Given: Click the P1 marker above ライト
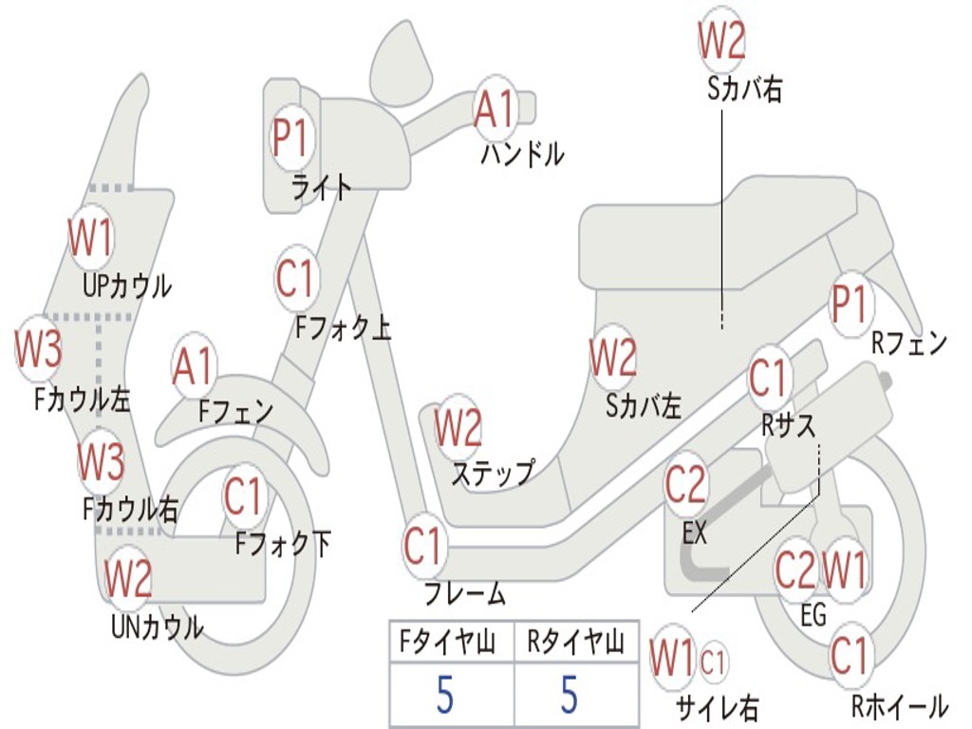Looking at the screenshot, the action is (x=290, y=139).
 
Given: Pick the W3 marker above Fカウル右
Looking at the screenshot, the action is (x=100, y=462).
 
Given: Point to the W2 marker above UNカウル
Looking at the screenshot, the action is (x=128, y=578).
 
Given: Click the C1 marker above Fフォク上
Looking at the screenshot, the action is (x=295, y=278).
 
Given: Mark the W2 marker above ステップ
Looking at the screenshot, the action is (x=458, y=428).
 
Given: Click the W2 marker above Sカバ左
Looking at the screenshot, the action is (x=612, y=358).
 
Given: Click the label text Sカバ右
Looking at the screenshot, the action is (x=745, y=89).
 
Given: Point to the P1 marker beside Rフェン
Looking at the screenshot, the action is (x=850, y=306).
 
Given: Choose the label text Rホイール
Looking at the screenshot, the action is (x=899, y=706).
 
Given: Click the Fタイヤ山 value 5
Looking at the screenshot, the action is (x=445, y=695).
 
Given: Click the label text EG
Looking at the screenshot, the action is (x=813, y=615).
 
